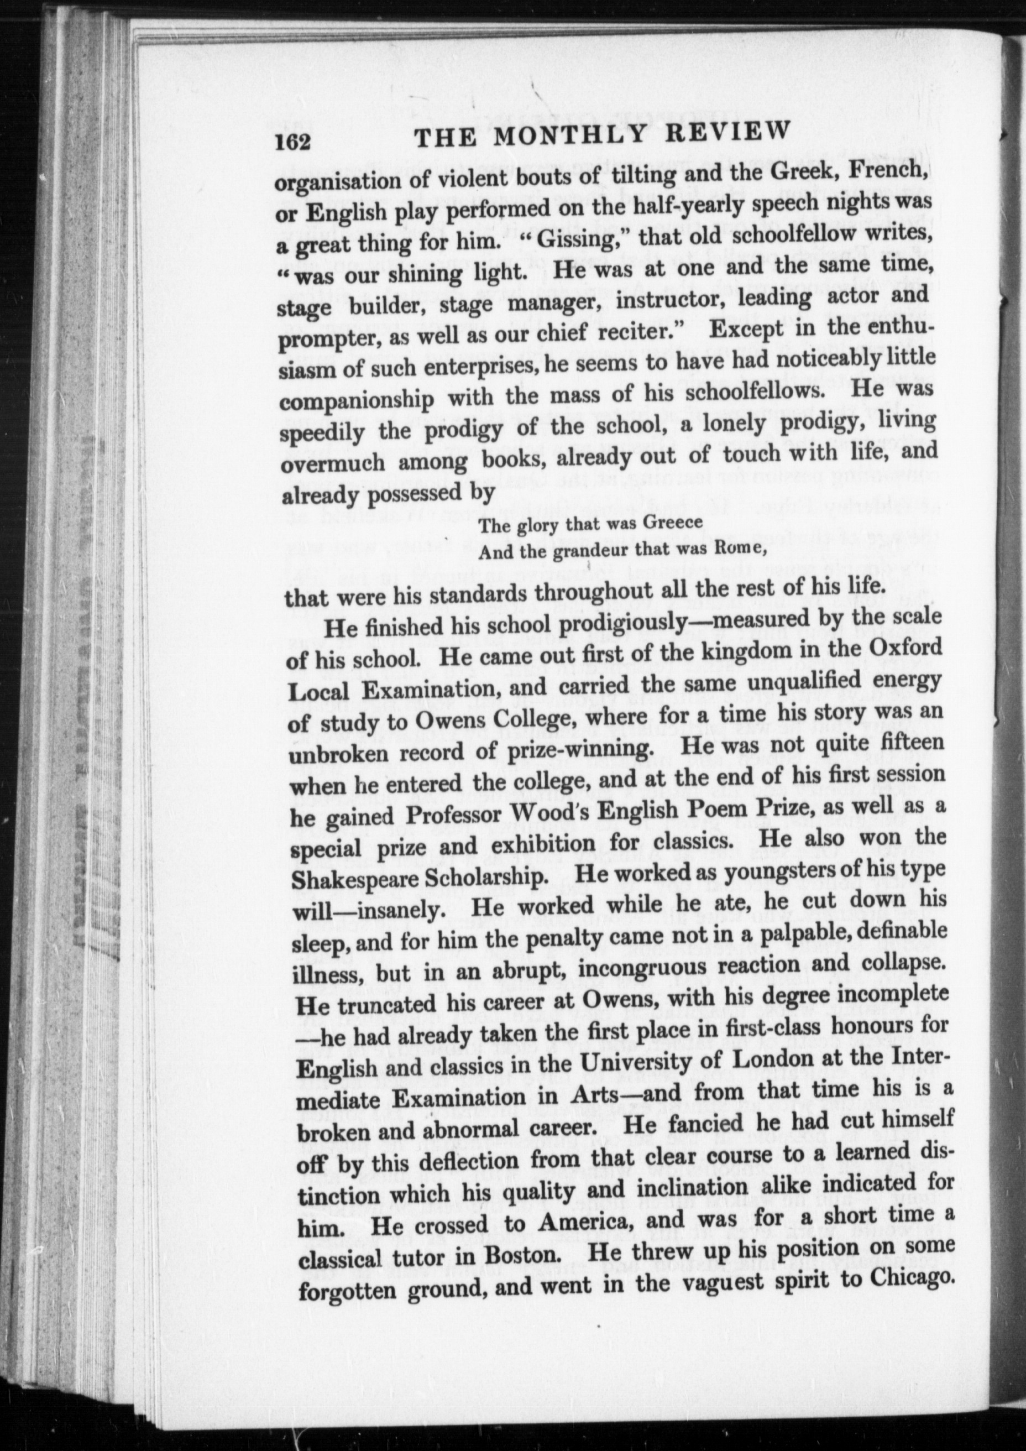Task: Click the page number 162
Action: [x=292, y=142]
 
